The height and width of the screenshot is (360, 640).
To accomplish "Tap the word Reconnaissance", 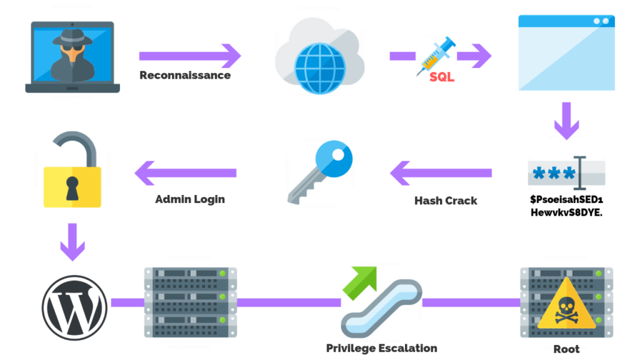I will tap(185, 76).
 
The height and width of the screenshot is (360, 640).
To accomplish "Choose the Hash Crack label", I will tap(446, 201).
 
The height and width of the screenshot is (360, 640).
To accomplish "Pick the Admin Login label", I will tap(189, 200).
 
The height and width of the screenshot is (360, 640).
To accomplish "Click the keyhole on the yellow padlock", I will tap(72, 186).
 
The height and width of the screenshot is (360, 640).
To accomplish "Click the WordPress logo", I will tap(75, 307).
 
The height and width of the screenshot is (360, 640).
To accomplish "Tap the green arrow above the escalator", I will tap(361, 279).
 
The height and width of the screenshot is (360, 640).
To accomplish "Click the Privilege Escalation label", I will tap(381, 348).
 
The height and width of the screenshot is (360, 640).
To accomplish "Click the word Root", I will tap(566, 349).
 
